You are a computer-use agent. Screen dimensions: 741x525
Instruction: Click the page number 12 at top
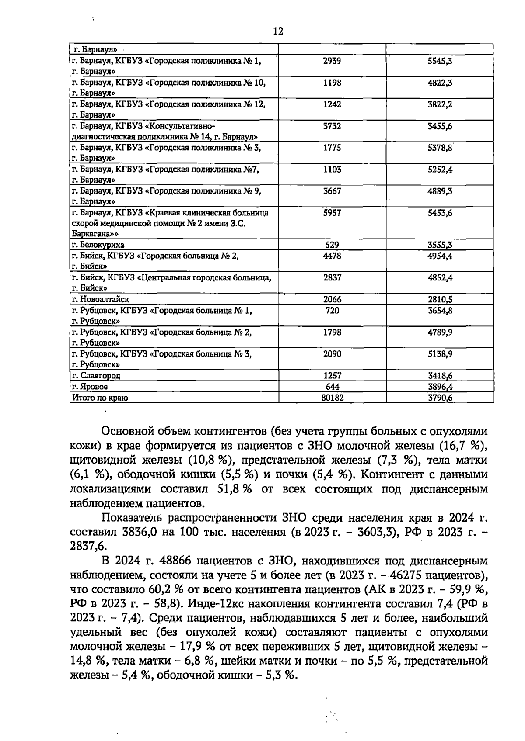(278, 31)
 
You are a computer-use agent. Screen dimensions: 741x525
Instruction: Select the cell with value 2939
(332, 61)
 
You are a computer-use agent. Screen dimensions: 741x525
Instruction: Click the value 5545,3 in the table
(440, 61)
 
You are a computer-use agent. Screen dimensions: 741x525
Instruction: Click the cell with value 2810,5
(440, 300)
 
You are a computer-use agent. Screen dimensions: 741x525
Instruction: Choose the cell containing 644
(332, 387)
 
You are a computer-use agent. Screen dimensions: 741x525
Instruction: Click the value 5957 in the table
(332, 213)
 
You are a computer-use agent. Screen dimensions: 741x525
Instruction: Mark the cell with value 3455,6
(440, 126)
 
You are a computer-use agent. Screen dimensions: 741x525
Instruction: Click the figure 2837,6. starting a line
(88, 547)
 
